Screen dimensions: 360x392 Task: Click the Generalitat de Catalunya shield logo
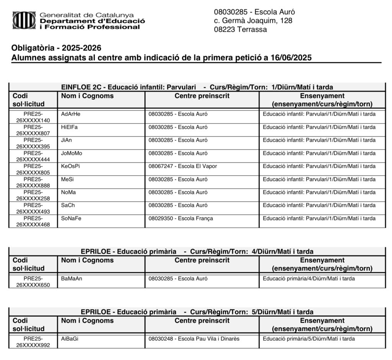[x=24, y=20]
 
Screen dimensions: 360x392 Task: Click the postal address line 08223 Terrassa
[x=240, y=29]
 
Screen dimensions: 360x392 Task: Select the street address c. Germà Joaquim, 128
[x=253, y=21]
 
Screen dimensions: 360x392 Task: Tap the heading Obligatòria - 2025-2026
[x=56, y=48]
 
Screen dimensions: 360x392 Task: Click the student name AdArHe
[x=71, y=114]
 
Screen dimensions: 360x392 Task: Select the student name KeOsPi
[x=70, y=166]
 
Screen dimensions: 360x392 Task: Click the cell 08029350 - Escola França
[x=181, y=218]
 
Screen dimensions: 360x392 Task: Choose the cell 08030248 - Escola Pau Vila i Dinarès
[x=194, y=339]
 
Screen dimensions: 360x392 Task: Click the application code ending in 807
[x=33, y=131]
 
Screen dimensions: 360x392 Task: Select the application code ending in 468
[x=33, y=222]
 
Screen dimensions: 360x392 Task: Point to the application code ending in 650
[x=33, y=282]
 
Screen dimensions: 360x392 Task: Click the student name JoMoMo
[x=72, y=153]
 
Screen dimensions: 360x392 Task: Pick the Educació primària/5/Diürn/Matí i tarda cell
[x=309, y=339]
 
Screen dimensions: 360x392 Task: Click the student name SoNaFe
[x=71, y=218]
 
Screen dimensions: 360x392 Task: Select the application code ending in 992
[x=33, y=342]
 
